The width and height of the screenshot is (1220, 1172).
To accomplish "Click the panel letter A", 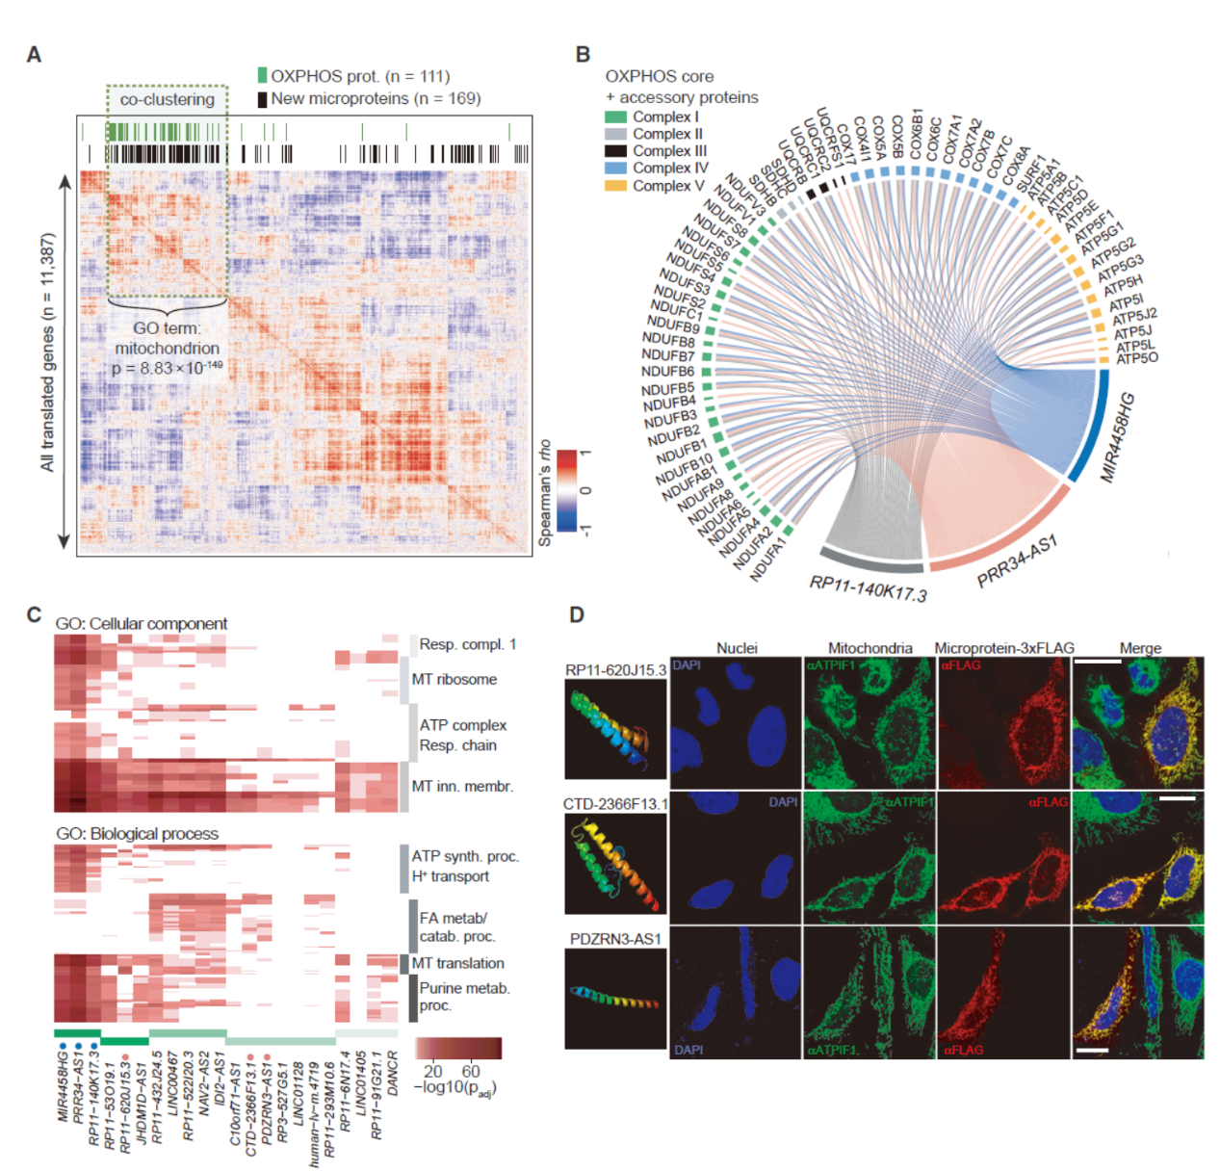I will tap(34, 55).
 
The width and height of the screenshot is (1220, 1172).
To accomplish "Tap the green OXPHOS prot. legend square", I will tap(262, 76).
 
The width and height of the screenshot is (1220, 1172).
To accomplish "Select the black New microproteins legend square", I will tap(262, 98).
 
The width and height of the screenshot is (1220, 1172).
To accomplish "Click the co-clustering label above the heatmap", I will tap(167, 99).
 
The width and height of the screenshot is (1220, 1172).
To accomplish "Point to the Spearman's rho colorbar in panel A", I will tap(567, 491).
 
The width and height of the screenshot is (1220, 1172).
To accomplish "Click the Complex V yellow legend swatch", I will tap(615, 185).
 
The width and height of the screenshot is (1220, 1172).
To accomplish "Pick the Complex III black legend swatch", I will tap(615, 151).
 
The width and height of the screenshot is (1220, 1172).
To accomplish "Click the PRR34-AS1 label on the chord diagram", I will tap(1017, 561).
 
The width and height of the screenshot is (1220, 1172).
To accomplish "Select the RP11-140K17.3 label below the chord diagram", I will tap(868, 587).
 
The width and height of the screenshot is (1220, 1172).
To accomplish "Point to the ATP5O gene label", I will tap(1137, 359).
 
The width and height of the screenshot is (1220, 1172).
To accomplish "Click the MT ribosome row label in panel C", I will tap(454, 679).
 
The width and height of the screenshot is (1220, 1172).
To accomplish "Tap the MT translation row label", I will tap(457, 963).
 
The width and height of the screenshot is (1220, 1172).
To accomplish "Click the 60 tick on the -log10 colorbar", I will tap(470, 1071).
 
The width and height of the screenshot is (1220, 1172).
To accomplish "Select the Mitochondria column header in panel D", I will tap(870, 648).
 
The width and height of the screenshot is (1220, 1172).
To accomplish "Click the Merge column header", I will tap(1140, 648).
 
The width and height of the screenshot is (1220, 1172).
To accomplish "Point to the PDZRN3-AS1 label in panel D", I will tap(615, 939).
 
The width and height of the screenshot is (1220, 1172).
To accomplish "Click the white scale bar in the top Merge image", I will tap(1098, 663).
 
